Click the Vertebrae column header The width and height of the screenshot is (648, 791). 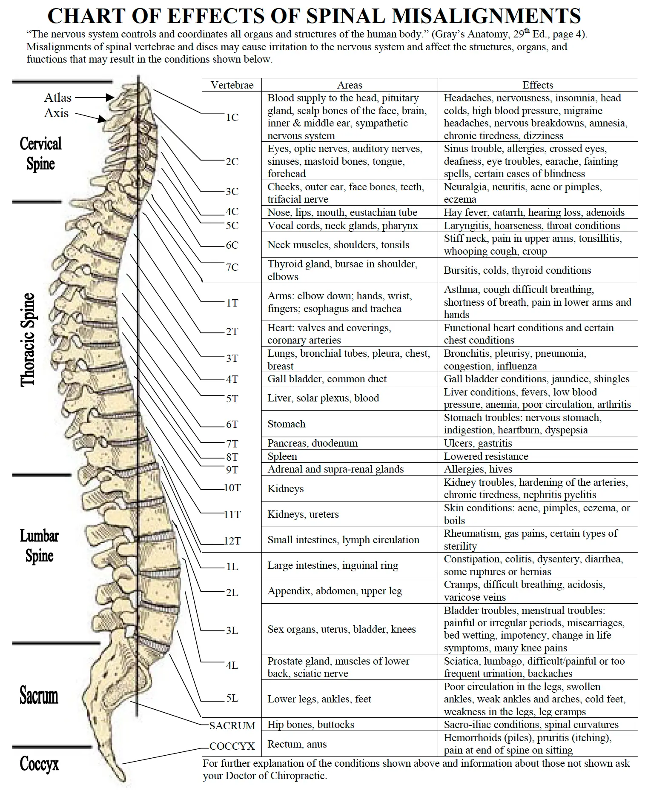(x=232, y=85)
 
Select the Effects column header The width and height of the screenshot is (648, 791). (x=538, y=85)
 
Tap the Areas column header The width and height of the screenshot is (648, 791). (x=350, y=85)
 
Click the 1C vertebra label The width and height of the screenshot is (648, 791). (x=232, y=117)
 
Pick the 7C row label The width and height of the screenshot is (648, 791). (x=232, y=267)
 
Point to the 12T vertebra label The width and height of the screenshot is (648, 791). (x=232, y=541)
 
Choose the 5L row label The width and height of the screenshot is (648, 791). (x=232, y=698)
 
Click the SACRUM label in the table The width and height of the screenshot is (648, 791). (x=232, y=725)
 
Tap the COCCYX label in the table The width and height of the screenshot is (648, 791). (x=232, y=746)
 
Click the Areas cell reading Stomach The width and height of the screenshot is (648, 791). (x=287, y=424)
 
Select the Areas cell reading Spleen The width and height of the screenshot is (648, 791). (x=282, y=456)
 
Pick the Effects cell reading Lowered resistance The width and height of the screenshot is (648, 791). (x=486, y=456)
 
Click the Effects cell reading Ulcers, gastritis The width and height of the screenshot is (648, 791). (x=478, y=443)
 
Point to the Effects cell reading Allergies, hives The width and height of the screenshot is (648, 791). (x=478, y=469)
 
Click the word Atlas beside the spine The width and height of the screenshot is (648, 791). (x=58, y=97)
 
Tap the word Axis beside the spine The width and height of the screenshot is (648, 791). (x=56, y=113)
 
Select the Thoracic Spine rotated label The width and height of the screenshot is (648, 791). (x=28, y=340)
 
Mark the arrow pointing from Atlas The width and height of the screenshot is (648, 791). (x=95, y=97)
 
